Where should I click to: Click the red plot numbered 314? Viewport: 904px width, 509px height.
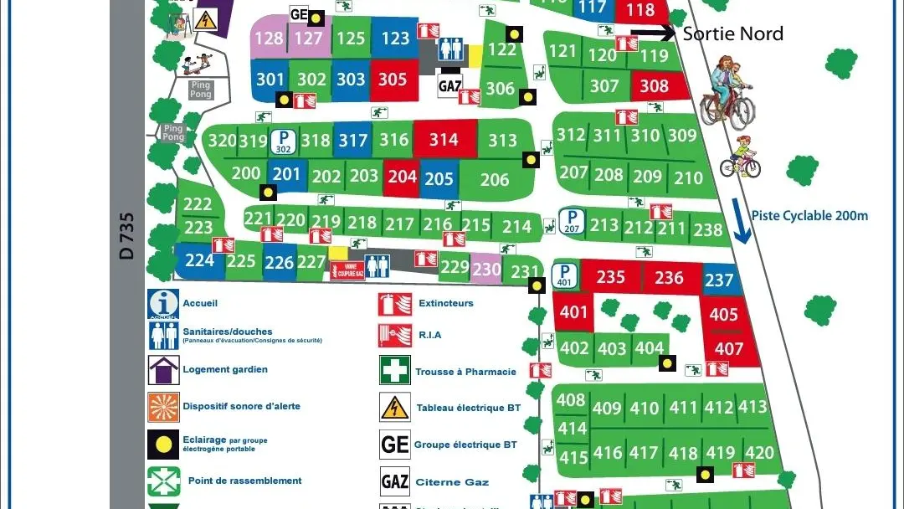pyautogui.click(x=444, y=139)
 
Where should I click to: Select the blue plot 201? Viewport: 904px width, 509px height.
pyautogui.click(x=286, y=174)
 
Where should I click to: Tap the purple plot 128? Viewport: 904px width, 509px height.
pyautogui.click(x=269, y=39)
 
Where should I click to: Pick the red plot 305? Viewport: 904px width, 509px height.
pyautogui.click(x=393, y=80)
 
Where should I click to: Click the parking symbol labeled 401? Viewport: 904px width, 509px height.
pyautogui.click(x=565, y=275)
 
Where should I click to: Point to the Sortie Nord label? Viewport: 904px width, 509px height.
pyautogui.click(x=733, y=33)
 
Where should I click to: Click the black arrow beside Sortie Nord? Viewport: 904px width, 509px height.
pyautogui.click(x=652, y=33)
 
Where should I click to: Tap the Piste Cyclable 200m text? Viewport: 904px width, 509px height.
pyautogui.click(x=809, y=215)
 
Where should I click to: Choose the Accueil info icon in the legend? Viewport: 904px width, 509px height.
pyautogui.click(x=163, y=304)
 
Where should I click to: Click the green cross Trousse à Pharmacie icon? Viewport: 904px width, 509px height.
pyautogui.click(x=394, y=371)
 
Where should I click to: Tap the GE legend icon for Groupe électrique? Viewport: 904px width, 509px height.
pyautogui.click(x=394, y=445)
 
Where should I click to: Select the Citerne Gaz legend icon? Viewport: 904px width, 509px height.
pyautogui.click(x=394, y=481)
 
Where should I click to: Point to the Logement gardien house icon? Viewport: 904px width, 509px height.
pyautogui.click(x=163, y=369)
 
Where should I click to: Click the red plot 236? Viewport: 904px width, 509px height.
pyautogui.click(x=669, y=277)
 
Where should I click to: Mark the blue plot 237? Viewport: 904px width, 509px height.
pyautogui.click(x=719, y=280)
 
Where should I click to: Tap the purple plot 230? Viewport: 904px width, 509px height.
pyautogui.click(x=486, y=268)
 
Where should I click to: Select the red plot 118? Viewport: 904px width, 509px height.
pyautogui.click(x=640, y=11)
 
